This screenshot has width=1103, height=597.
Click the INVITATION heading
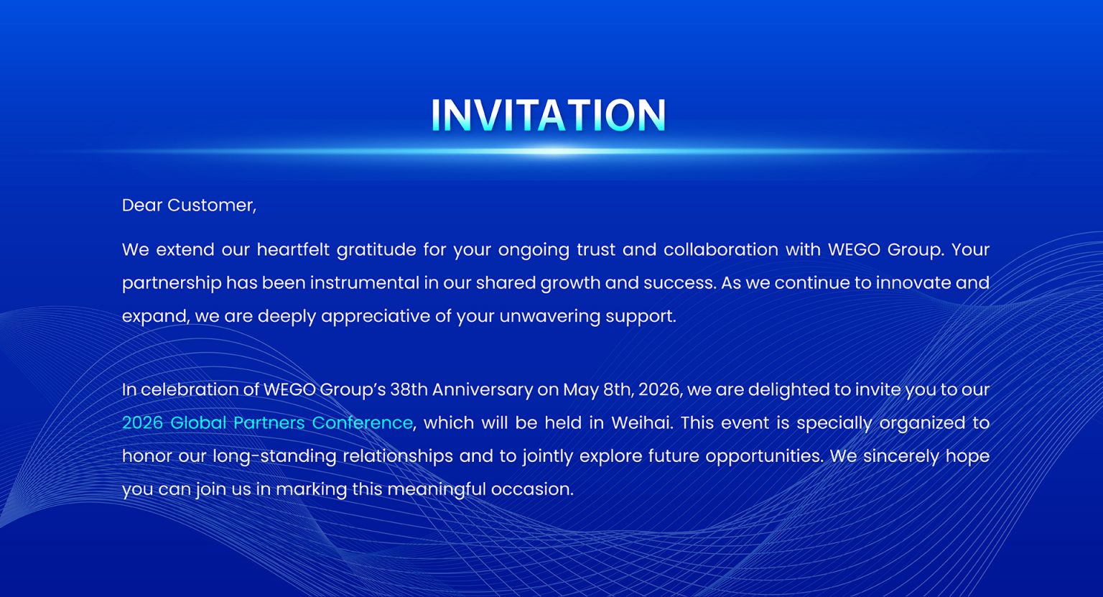click(549, 115)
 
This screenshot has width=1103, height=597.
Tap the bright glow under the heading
click(551, 151)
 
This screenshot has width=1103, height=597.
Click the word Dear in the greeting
click(141, 205)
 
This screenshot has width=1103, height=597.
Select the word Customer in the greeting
click(211, 205)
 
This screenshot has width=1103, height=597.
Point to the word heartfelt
click(294, 249)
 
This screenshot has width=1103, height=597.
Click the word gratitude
click(377, 250)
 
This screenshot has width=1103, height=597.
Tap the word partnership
click(172, 283)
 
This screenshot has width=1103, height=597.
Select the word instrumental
click(364, 283)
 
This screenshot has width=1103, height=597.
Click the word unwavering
click(550, 316)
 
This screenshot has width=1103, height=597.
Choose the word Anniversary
click(483, 390)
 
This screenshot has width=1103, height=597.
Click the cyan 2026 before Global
click(142, 422)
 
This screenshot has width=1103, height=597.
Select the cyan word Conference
click(362, 422)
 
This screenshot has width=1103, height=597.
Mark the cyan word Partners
click(269, 422)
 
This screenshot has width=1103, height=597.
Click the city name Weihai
click(642, 422)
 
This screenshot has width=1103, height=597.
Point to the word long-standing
click(275, 456)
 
